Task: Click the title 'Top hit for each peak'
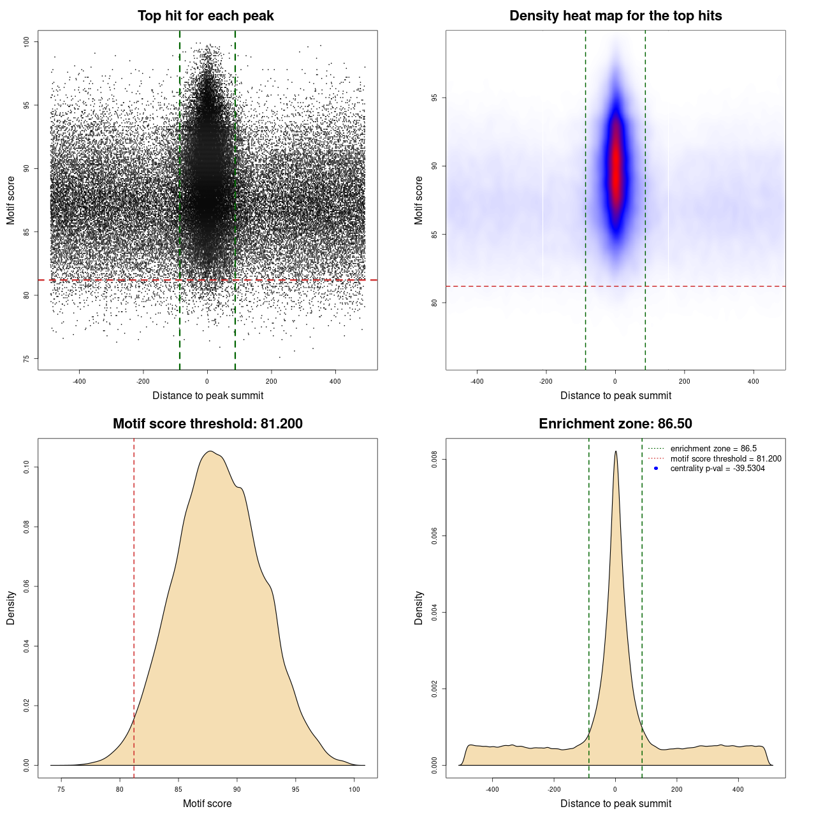[205, 16]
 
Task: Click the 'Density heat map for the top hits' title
[615, 16]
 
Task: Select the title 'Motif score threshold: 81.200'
[207, 424]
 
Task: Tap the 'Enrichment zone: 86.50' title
[615, 424]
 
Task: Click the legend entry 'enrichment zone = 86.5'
[713, 449]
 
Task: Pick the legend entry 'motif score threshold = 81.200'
[725, 459]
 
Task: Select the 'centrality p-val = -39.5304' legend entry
[717, 469]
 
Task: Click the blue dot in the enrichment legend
[656, 469]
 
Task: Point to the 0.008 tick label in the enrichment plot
[435, 460]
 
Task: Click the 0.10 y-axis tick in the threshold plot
[27, 467]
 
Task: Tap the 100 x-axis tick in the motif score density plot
[354, 789]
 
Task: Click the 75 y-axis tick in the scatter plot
[27, 359]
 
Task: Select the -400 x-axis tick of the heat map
[477, 381]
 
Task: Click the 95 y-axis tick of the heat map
[435, 98]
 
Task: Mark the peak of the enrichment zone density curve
[615, 452]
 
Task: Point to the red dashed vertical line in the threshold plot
[134, 606]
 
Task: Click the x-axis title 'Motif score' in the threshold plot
[207, 803]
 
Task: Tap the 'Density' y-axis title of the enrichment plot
[419, 608]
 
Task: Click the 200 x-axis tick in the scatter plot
[272, 381]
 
